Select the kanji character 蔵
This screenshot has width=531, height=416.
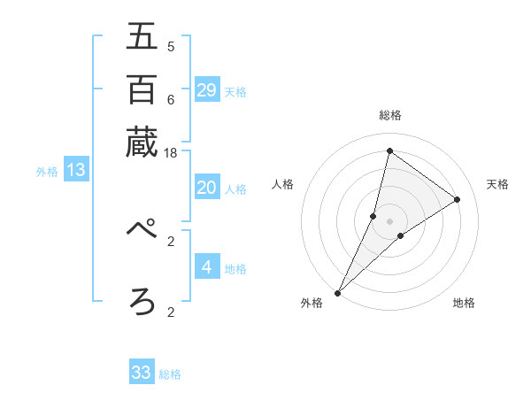click(142, 142)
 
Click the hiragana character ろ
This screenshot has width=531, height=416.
click(142, 301)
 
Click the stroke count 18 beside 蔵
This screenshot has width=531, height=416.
click(171, 153)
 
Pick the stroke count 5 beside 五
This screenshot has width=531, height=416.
click(171, 47)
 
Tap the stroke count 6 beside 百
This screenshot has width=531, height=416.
click(171, 100)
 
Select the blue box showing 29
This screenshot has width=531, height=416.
click(207, 89)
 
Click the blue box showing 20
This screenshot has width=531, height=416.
click(207, 187)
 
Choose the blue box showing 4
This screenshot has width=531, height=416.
click(207, 266)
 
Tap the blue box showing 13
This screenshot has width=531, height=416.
click(76, 170)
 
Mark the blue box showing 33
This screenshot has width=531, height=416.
click(142, 373)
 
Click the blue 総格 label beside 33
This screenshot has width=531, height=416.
click(170, 374)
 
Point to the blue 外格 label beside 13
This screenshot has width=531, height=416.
click(47, 172)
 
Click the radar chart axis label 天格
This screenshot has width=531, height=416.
click(497, 184)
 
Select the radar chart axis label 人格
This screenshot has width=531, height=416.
click(282, 184)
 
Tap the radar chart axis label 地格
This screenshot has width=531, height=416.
click(464, 304)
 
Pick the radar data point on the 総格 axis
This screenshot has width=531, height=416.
click(389, 150)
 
